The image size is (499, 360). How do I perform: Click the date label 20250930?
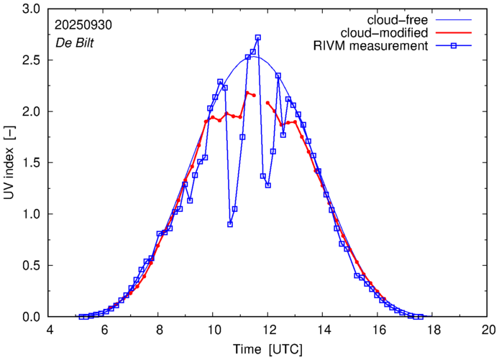coord(83,24)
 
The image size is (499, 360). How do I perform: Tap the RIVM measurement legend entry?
coord(371,47)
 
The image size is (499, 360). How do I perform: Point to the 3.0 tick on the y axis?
coord(30,9)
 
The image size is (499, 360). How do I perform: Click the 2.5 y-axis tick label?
coord(30,60)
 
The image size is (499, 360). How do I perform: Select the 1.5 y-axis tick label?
coord(30,163)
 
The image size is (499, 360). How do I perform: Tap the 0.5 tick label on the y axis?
coord(30,265)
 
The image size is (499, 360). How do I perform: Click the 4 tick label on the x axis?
coord(49,329)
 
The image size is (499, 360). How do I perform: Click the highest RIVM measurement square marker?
coord(258,37)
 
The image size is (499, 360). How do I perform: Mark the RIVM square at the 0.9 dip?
coord(230,224)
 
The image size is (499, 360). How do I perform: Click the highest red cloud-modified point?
coord(247,93)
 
